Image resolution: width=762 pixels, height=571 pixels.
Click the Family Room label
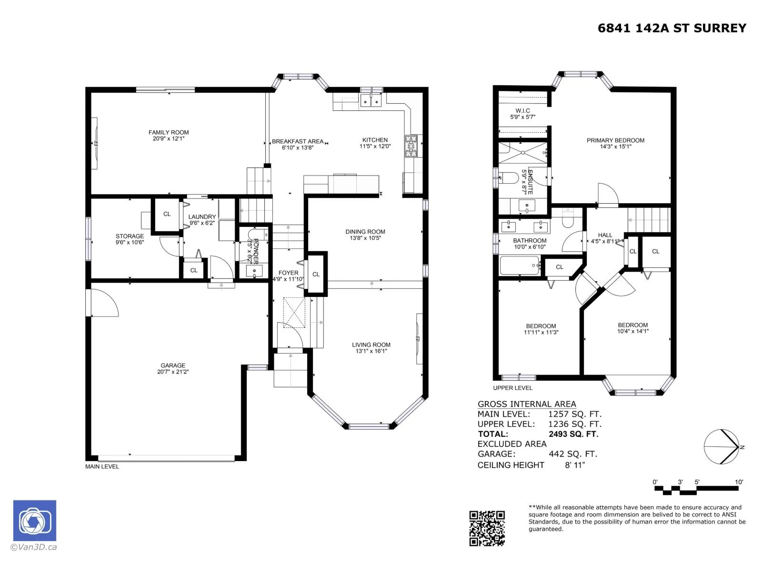click(169, 132)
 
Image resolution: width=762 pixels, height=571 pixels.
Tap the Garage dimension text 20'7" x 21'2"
click(172, 372)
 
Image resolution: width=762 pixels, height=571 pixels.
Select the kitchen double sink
click(371, 100)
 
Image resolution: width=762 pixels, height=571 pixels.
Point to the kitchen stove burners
click(412, 146)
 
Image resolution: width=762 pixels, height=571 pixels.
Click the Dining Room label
click(365, 232)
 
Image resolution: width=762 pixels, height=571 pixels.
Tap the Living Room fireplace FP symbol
click(418, 339)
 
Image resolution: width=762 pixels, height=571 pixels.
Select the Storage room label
click(130, 236)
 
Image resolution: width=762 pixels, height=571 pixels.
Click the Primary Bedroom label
click(615, 140)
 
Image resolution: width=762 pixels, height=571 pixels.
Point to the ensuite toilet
click(508, 178)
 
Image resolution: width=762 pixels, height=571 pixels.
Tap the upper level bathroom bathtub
click(519, 265)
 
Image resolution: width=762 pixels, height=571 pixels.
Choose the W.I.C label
click(522, 110)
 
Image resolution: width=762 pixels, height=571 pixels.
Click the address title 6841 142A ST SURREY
click(672, 28)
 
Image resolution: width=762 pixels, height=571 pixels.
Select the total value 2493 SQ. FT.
click(573, 433)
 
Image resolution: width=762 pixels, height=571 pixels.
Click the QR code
click(487, 528)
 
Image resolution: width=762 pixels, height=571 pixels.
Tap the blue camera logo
click(35, 521)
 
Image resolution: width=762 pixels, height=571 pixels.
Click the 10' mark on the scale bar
click(739, 482)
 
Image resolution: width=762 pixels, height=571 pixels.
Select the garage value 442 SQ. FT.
click(572, 454)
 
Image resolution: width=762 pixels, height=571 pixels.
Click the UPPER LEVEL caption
click(512, 388)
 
